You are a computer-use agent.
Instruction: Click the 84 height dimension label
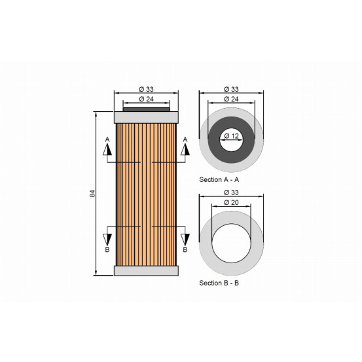(92, 194)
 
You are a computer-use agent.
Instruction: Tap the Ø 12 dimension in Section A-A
(232, 136)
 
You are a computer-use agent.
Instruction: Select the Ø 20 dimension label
(232, 202)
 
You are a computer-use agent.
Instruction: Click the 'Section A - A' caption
(219, 179)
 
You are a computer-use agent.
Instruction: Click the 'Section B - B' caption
(219, 283)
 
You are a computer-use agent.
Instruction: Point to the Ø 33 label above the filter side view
(147, 89)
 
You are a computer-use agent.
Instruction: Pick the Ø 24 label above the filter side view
(147, 99)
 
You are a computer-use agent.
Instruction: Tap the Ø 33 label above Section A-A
(232, 89)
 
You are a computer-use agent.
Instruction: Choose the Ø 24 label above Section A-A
(232, 99)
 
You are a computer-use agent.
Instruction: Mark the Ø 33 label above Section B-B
(232, 192)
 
